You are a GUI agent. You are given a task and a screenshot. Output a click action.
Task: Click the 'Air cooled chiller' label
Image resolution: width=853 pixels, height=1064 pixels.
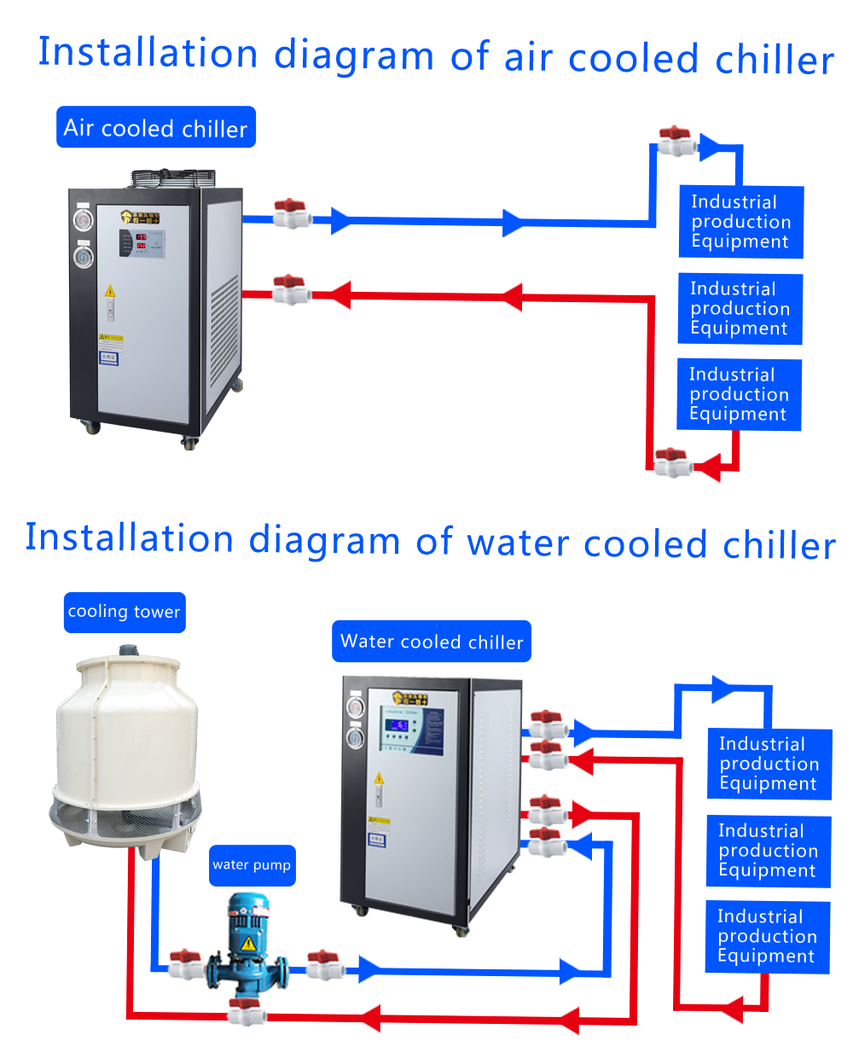(x=155, y=128)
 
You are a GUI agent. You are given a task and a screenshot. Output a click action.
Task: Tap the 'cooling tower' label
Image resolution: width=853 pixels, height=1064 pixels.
(x=124, y=612)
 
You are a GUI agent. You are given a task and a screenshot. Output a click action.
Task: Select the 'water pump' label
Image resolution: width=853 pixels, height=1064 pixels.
(x=252, y=865)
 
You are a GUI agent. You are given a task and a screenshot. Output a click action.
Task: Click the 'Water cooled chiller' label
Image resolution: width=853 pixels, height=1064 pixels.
(x=431, y=642)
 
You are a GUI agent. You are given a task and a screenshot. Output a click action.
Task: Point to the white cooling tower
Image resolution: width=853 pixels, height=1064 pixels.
(x=125, y=751)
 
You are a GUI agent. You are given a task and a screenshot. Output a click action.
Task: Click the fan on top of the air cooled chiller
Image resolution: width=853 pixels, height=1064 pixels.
(x=171, y=177)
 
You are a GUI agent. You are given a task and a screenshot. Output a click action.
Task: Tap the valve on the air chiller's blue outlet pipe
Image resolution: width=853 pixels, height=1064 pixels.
(x=291, y=213)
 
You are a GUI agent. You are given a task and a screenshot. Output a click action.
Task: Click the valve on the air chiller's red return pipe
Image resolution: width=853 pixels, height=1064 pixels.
(x=290, y=290)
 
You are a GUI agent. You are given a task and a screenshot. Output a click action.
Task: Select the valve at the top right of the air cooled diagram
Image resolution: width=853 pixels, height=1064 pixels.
(x=676, y=141)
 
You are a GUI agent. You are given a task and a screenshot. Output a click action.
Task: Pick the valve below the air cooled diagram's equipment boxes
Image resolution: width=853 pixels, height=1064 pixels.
(x=672, y=462)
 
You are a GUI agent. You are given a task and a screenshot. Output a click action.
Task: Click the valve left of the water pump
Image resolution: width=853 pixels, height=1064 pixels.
(x=185, y=963)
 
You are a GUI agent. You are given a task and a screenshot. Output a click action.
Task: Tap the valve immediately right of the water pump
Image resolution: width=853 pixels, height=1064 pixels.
(x=323, y=964)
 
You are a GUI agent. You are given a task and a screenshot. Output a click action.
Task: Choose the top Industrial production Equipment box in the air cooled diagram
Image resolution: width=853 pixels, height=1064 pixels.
(x=740, y=222)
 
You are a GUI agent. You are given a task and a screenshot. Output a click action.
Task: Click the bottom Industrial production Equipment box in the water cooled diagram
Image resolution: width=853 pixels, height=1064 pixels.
(x=767, y=936)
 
